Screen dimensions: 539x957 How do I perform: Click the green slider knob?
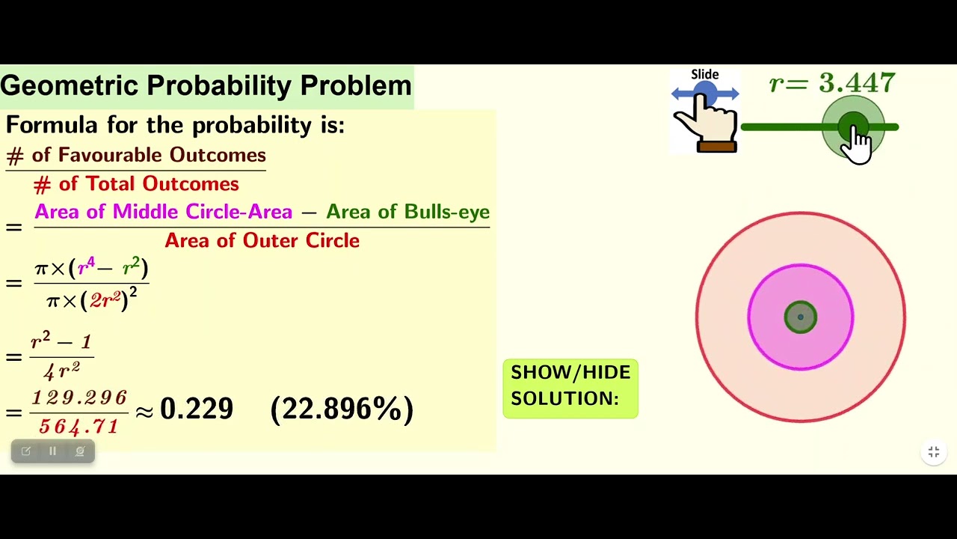coord(852,127)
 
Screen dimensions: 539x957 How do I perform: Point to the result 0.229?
coord(197,409)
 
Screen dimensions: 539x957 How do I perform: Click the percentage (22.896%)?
coord(342,409)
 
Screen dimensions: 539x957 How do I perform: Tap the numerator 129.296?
coord(79,398)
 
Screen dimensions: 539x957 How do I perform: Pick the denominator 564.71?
coord(79,427)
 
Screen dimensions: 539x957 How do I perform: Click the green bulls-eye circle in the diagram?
coord(801,317)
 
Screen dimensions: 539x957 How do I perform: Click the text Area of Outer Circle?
coord(262,240)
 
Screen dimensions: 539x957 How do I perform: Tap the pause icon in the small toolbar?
coord(52,451)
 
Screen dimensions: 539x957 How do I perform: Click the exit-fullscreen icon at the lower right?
coord(934,452)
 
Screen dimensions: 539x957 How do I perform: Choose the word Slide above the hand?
coord(704,75)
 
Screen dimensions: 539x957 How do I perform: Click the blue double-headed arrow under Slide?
coord(705,94)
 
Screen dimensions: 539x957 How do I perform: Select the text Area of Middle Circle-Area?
coord(163,212)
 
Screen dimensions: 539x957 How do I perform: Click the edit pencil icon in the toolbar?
coord(26,451)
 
